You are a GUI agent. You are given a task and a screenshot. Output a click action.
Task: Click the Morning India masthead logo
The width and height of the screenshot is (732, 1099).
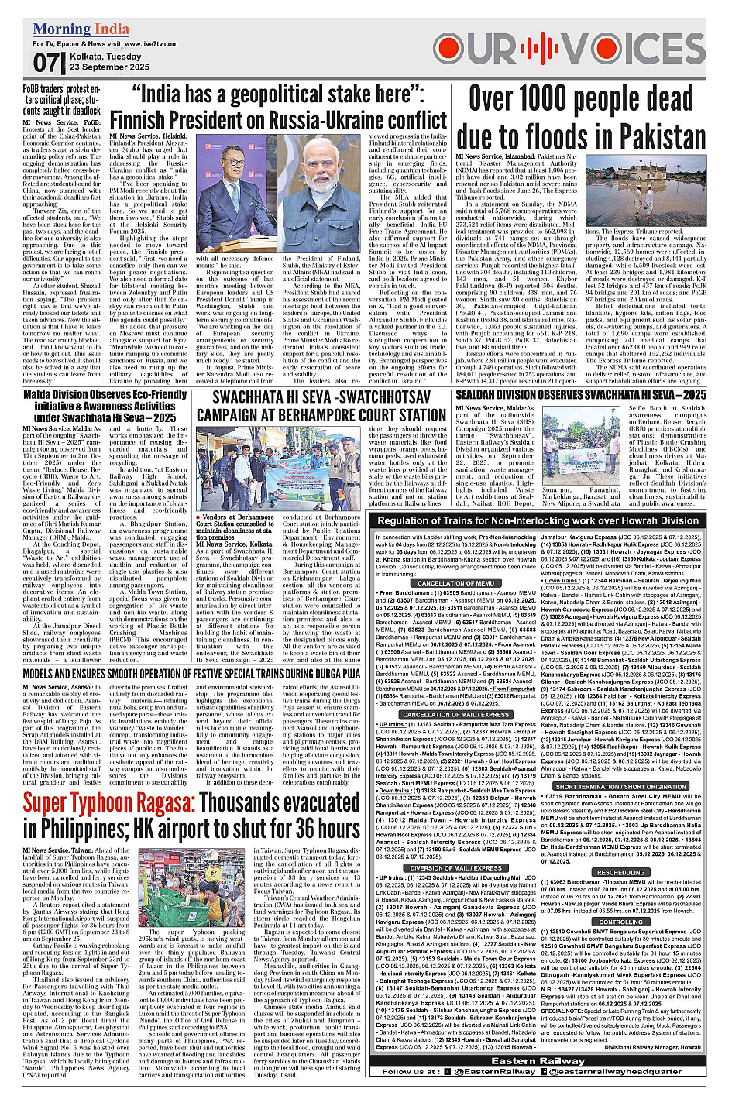81,29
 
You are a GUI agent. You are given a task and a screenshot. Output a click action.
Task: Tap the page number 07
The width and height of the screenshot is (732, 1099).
46,63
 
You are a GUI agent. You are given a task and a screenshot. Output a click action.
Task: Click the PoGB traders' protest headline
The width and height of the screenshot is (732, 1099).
61,100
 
